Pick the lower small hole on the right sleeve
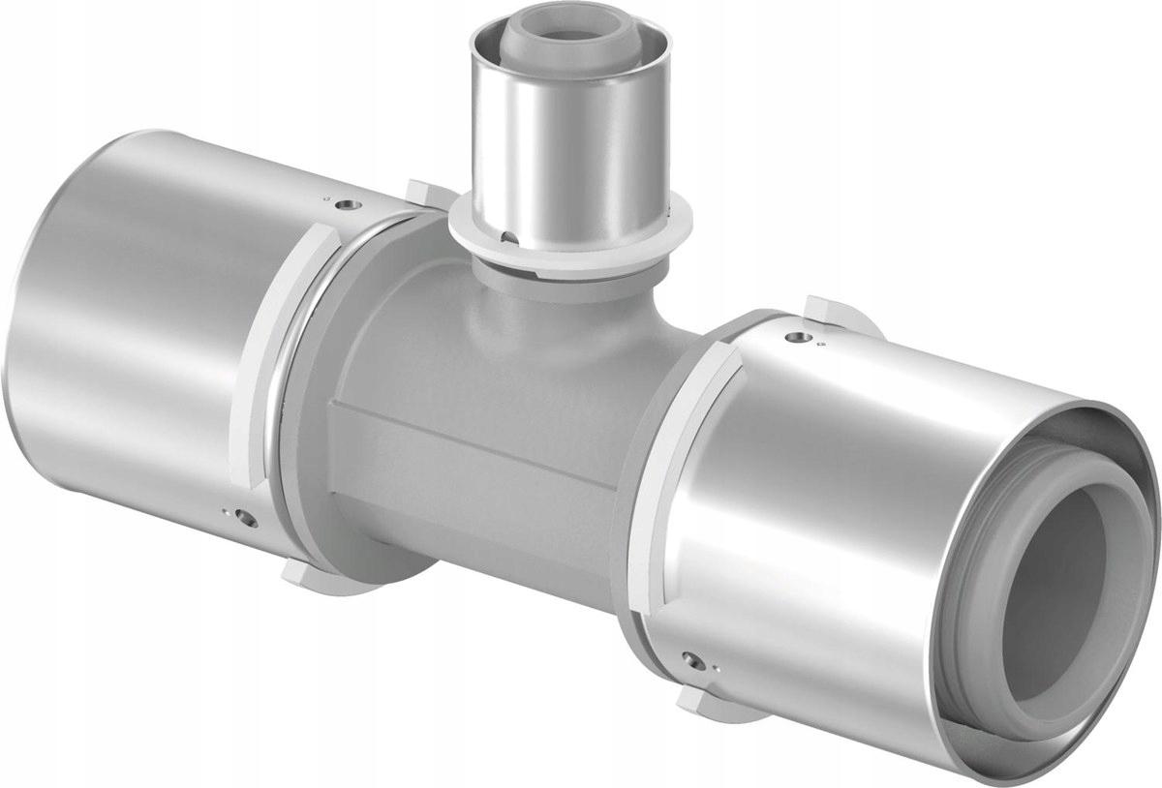(x=688, y=661)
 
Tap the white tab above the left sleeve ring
(x=426, y=190)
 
